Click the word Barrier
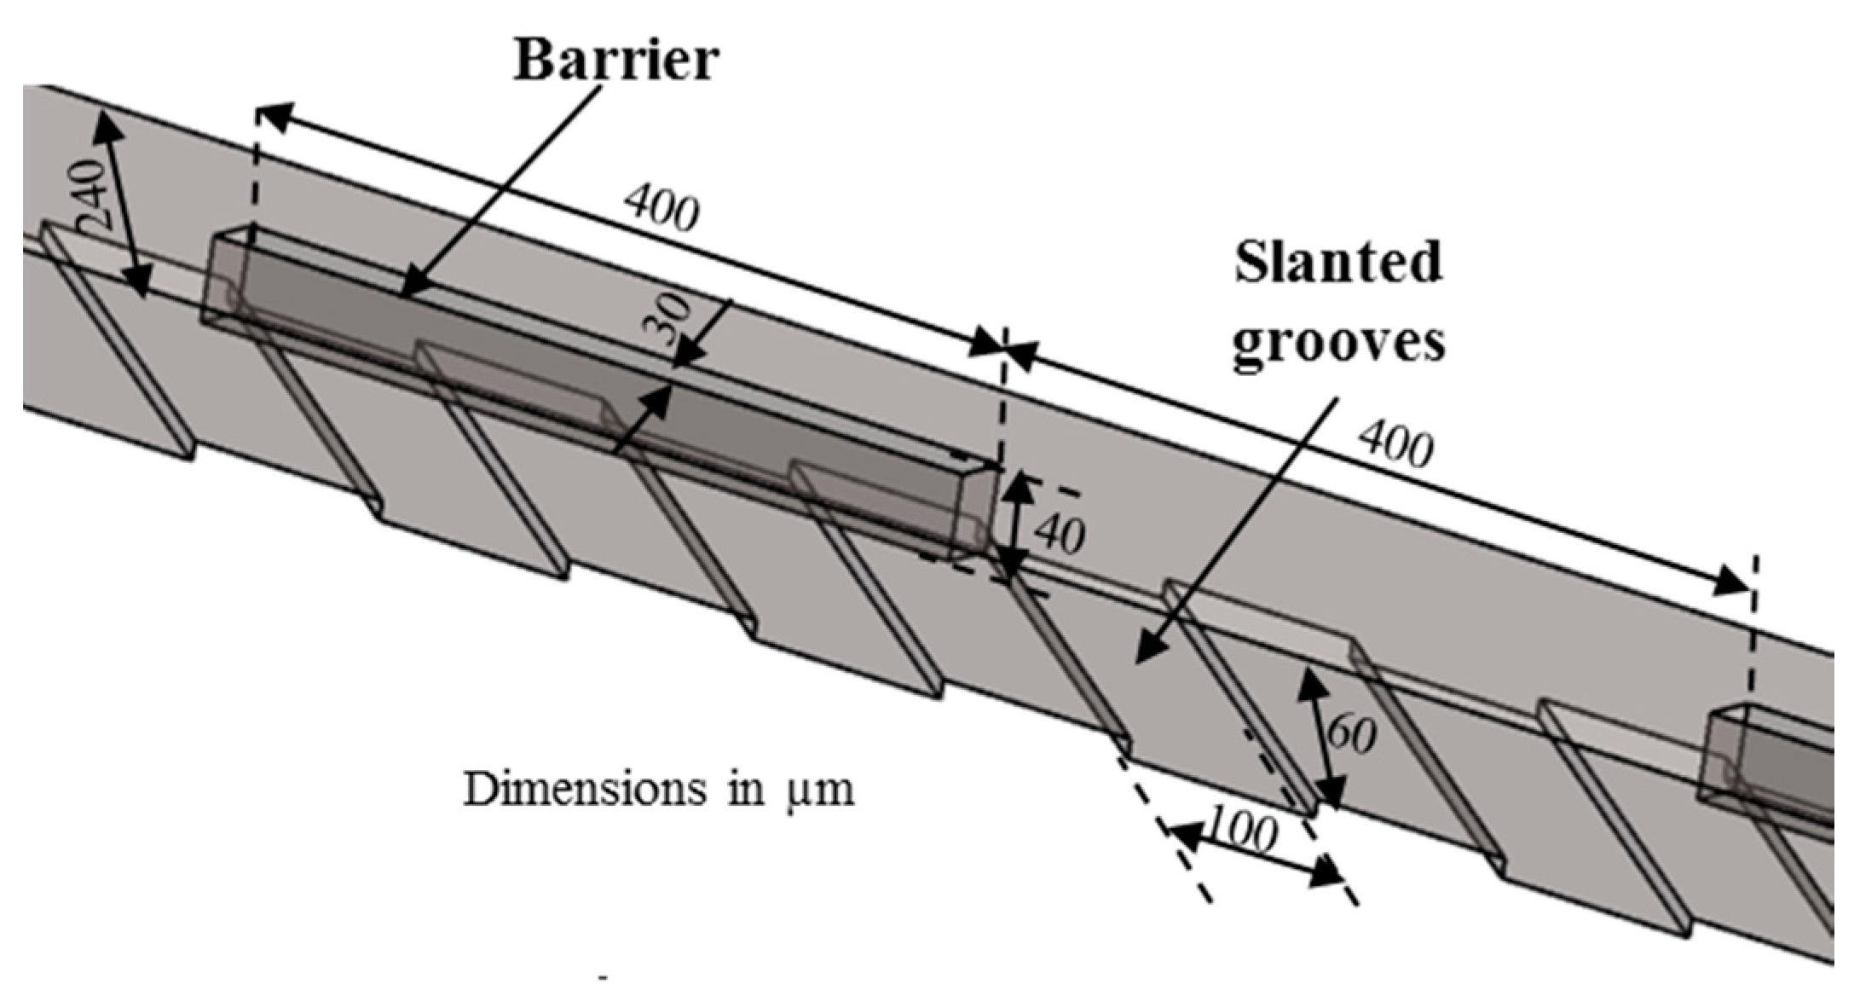pos(615,61)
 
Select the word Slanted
pos(1338,263)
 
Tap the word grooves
pos(1338,344)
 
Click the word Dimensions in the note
pos(585,790)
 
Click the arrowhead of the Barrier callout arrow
pos(408,289)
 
